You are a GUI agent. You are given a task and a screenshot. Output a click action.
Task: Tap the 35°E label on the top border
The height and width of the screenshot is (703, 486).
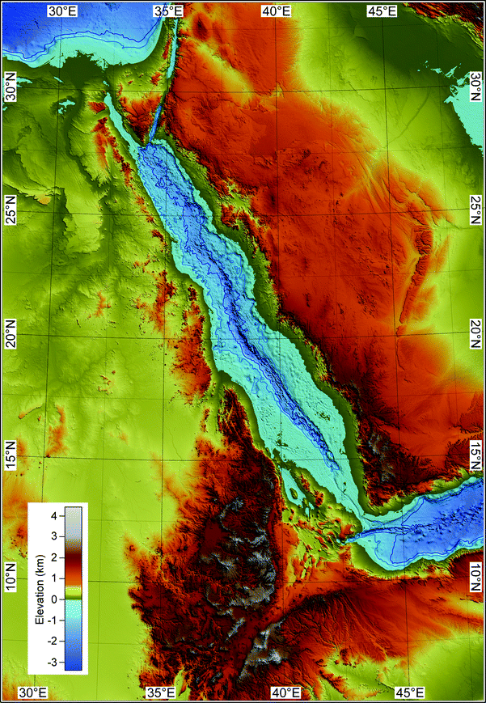tap(167, 11)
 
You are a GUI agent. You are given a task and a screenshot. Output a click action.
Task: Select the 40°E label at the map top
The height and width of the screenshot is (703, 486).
tap(275, 11)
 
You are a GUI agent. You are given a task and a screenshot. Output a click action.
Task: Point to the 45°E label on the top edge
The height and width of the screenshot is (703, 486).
tap(381, 11)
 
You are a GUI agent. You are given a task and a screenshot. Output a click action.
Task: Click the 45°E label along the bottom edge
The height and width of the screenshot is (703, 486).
tap(408, 693)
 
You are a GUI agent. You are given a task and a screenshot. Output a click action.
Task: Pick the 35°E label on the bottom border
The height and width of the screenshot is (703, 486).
tap(160, 693)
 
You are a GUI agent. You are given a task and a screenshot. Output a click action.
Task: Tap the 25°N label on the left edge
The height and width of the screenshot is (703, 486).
tap(11, 212)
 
